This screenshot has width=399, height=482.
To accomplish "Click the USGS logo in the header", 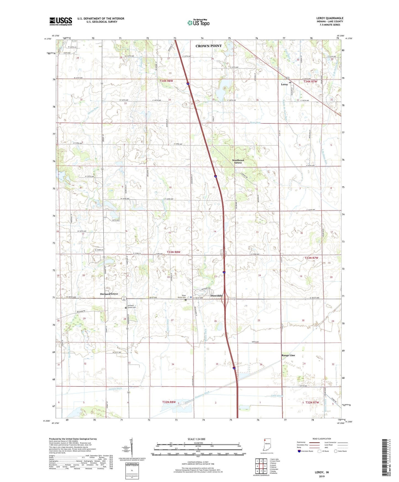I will click(61, 21).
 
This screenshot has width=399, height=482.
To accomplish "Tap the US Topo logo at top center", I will click(198, 23).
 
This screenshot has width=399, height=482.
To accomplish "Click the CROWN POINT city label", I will click(208, 46).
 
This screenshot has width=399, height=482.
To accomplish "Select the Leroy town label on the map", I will click(284, 84).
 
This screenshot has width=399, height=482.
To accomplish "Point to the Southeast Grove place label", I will click(238, 161).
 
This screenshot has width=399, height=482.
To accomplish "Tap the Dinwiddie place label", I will click(216, 296).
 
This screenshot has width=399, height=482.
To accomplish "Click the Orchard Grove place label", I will click(109, 294).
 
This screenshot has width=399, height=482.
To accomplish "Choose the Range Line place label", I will click(288, 355).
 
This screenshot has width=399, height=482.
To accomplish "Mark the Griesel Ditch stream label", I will click(115, 389).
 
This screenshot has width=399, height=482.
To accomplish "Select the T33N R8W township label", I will click(173, 252).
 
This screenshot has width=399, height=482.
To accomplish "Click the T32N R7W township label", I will click(312, 402).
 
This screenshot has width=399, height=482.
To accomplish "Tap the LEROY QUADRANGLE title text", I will click(330, 18).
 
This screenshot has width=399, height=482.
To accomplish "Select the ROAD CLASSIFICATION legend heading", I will click(321, 439).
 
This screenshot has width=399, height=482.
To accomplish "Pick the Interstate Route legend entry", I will click(305, 451).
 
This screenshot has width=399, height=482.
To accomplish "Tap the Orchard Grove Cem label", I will click(131, 306).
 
